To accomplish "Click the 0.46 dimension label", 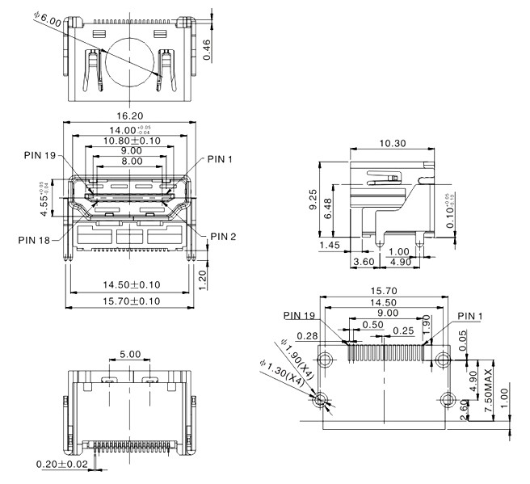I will click(208, 49).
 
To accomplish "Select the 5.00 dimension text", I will click(129, 354).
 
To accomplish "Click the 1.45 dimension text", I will click(329, 245).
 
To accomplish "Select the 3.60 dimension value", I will click(366, 262).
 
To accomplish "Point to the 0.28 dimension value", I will click(306, 335).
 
